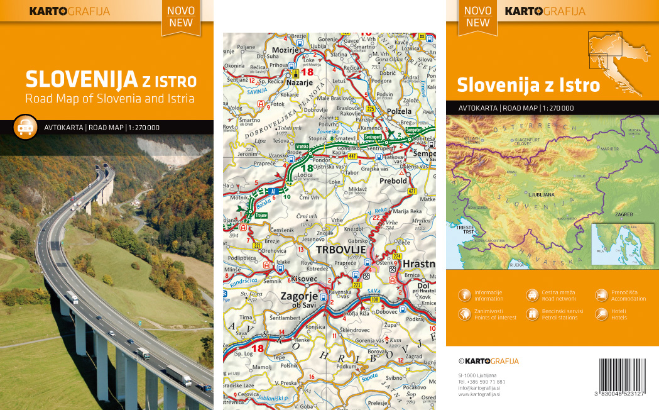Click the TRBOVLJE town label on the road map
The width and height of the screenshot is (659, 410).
point(341,250)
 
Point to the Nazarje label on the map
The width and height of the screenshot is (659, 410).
point(299,82)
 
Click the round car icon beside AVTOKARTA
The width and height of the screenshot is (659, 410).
point(25,127)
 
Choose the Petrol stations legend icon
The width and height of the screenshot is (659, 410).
point(532,314)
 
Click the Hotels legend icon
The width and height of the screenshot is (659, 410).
point(601,314)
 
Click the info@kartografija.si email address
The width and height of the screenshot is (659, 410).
point(479,388)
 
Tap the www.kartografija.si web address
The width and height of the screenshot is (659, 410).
point(479,394)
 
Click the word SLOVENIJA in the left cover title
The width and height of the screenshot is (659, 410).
point(81,80)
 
